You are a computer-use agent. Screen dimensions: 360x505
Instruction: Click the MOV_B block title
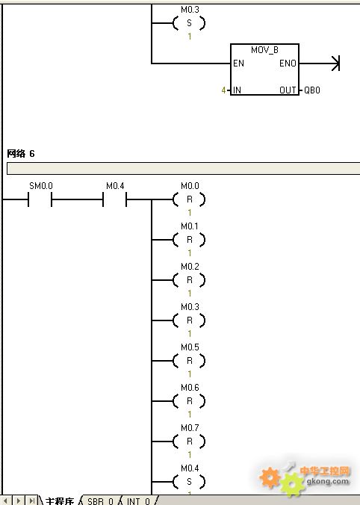264,50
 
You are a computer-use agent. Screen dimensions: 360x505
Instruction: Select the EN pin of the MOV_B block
238,63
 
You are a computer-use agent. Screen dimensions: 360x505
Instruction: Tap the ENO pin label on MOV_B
288,63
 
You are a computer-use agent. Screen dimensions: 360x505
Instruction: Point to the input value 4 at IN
223,90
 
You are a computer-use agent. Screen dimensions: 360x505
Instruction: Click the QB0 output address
312,90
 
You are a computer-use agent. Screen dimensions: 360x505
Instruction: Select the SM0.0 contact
40,199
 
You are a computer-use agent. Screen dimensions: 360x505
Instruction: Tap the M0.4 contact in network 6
114,199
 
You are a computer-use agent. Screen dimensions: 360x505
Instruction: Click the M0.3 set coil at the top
189,23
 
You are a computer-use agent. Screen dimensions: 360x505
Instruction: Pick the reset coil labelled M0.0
189,199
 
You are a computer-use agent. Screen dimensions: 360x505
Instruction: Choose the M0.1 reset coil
189,240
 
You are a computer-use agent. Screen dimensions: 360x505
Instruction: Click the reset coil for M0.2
189,280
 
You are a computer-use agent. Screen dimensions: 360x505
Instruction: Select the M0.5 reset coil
189,361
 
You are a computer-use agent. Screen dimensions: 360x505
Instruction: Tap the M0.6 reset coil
189,401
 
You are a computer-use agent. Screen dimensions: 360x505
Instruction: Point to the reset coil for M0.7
189,442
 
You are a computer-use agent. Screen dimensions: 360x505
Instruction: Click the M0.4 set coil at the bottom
189,482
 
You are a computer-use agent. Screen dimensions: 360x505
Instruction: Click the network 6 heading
21,154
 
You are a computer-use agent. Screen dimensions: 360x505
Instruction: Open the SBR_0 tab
100,501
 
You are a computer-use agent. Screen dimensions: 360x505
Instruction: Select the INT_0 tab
138,501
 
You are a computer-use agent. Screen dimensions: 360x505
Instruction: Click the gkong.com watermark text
328,482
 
